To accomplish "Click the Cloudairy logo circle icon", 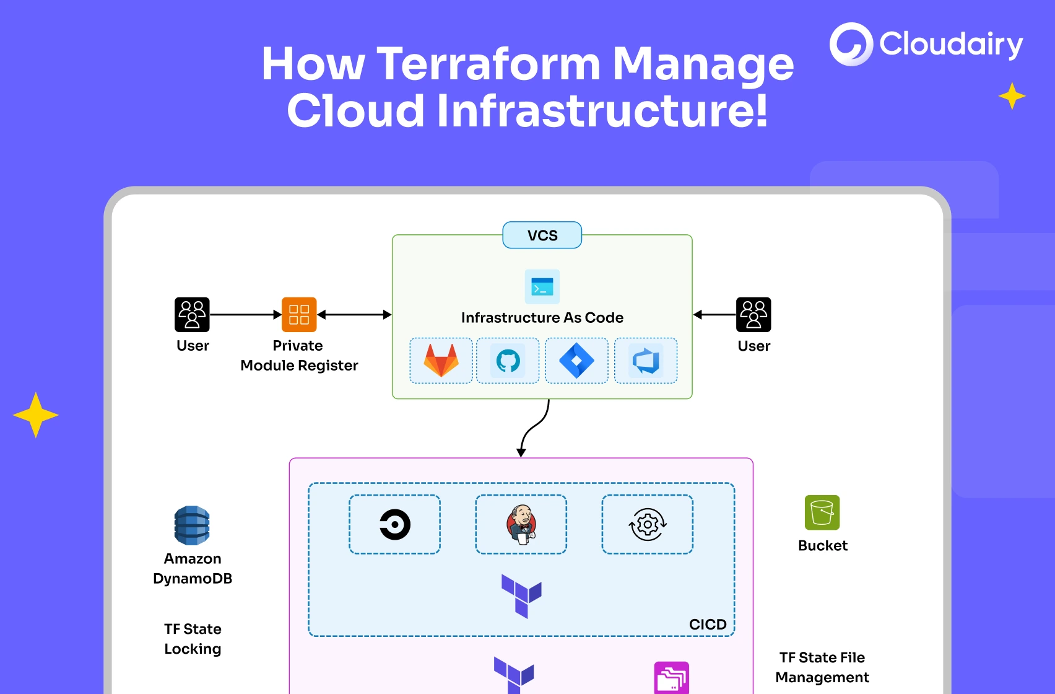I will [851, 44].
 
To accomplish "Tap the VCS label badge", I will [542, 235].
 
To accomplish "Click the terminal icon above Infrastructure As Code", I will [542, 287].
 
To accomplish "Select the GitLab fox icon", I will [441, 361].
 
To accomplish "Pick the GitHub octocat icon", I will [508, 361].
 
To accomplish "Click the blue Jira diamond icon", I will [576, 361].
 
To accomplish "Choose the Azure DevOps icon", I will [645, 361].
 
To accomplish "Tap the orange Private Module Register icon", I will [299, 315].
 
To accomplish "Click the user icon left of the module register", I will [192, 315].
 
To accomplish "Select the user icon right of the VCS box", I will [753, 315].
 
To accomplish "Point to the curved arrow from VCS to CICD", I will [534, 428].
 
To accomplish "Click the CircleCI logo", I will [395, 524].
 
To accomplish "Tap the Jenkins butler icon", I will [521, 524].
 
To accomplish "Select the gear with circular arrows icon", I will [648, 524].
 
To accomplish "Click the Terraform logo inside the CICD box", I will [521, 595].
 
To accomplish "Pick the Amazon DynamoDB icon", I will [192, 525].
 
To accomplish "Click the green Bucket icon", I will [822, 512].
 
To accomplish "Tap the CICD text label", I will [708, 624].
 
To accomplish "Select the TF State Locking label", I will [193, 639].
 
